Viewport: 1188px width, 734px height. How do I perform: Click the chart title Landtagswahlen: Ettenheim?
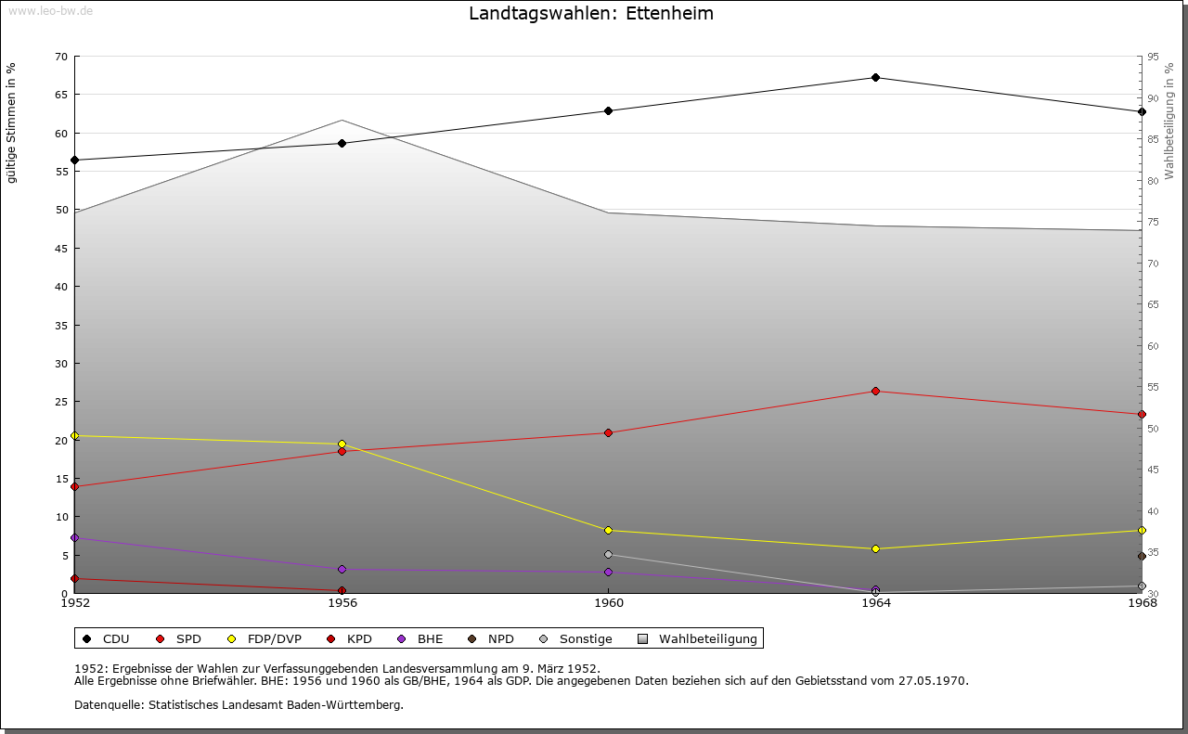point(591,14)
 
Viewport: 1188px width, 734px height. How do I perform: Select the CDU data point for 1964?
point(875,78)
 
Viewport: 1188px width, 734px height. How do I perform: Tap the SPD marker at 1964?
point(875,392)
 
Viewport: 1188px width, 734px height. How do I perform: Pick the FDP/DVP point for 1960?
point(609,531)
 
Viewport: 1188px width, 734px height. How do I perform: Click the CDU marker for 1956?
point(342,144)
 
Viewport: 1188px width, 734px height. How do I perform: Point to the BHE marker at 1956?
point(342,570)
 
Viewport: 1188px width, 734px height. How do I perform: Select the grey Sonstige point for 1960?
point(609,555)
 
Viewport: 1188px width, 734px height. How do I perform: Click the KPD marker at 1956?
point(342,591)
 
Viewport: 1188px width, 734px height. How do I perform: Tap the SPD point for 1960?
point(609,433)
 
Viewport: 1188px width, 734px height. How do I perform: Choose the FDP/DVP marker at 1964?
point(875,549)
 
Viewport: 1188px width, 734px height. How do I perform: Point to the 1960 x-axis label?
point(609,603)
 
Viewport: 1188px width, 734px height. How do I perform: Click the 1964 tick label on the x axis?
point(875,603)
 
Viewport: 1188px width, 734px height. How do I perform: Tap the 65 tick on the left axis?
point(60,95)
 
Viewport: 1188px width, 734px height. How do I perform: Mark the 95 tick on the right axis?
point(1153,57)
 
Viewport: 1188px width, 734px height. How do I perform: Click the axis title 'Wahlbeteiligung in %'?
point(1169,121)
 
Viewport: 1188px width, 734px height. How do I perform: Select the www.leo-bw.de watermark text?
point(50,9)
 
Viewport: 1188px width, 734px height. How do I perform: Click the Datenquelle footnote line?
point(239,705)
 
